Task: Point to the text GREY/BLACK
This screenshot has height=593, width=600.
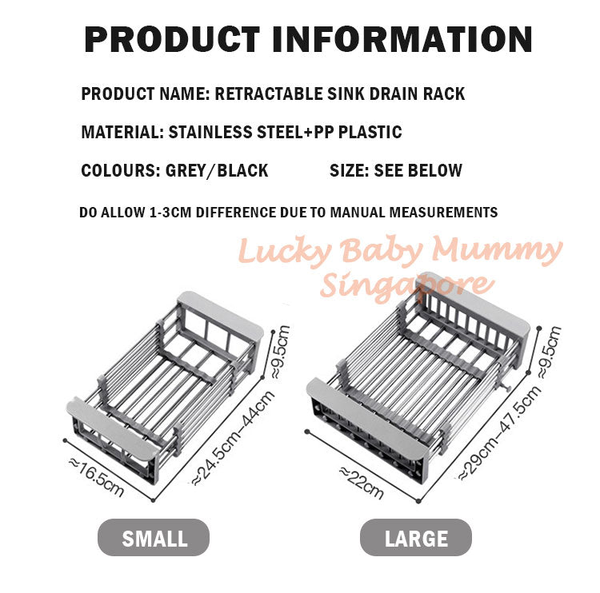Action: click(x=217, y=170)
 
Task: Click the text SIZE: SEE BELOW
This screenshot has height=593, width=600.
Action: click(x=396, y=170)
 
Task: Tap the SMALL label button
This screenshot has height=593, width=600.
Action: click(x=154, y=538)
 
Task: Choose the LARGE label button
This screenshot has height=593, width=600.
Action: click(x=416, y=538)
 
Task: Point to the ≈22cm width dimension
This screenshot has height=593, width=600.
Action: click(x=361, y=482)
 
